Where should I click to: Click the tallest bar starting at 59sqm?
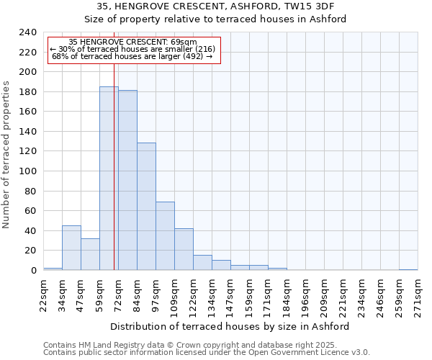(108, 179)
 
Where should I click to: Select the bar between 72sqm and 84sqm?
(127, 180)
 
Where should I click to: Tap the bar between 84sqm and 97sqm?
(146, 207)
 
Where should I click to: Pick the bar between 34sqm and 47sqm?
(71, 248)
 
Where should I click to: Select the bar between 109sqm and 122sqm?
(184, 249)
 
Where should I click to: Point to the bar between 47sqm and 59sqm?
(90, 254)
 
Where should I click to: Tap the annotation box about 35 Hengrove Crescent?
(133, 50)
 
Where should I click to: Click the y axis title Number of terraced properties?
(6, 155)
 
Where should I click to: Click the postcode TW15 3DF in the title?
(314, 6)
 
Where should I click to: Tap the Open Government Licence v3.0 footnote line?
(206, 353)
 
